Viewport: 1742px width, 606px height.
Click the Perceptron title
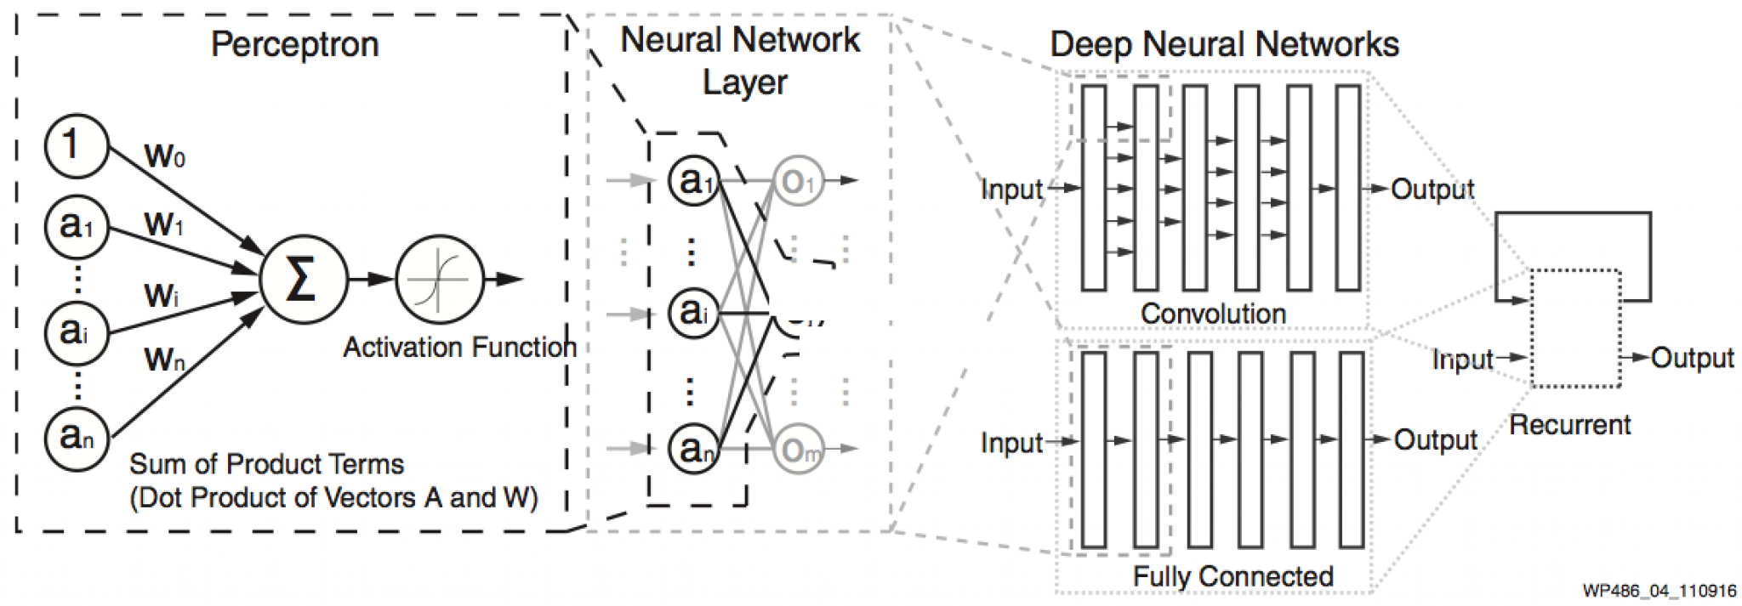[x=294, y=43]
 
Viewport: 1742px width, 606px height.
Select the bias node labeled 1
[x=77, y=146]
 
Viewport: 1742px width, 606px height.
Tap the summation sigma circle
[x=303, y=279]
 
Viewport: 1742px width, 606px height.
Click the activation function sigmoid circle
[x=439, y=279]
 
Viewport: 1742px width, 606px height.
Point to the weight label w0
[x=165, y=155]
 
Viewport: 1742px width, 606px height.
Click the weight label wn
[x=164, y=358]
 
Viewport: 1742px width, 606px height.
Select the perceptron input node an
[x=77, y=438]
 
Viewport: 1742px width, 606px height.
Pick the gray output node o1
[x=798, y=181]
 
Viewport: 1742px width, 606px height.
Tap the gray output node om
[x=798, y=450]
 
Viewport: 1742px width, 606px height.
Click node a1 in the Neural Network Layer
[x=694, y=181]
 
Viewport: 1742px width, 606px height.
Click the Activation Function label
[x=459, y=347]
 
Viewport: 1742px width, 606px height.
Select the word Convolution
[x=1213, y=314]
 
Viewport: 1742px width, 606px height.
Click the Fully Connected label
[x=1232, y=576]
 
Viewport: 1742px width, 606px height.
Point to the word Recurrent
[x=1569, y=424]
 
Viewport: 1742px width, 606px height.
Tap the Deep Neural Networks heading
[x=1224, y=44]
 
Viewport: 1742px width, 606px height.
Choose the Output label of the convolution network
[x=1432, y=189]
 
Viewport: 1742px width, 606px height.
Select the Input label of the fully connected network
[x=1010, y=442]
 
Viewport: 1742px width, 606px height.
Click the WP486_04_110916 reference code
[x=1659, y=591]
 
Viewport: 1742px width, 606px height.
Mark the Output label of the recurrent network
[x=1692, y=358]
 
